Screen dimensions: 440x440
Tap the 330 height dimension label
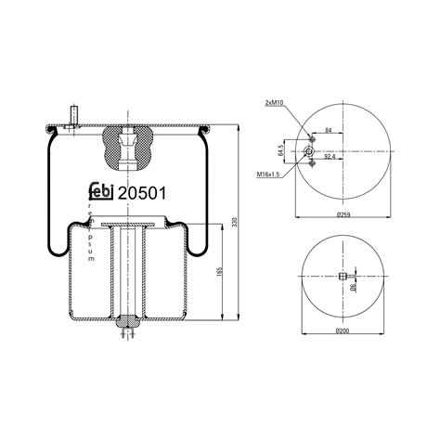[x=245, y=223]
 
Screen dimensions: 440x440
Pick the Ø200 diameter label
[x=343, y=330]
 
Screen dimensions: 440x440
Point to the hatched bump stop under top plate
[x=127, y=146]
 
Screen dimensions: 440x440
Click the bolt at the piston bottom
[x=127, y=324]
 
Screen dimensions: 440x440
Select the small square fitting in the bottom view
[x=343, y=277]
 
